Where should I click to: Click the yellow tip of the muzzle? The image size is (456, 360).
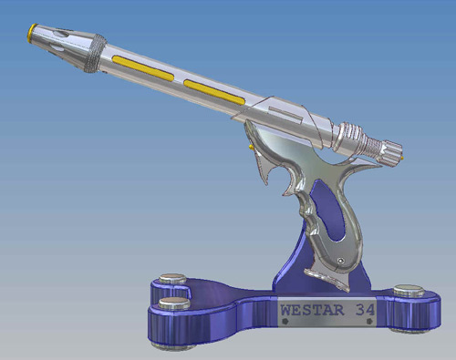(32, 32)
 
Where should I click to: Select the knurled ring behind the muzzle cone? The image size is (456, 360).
(95, 53)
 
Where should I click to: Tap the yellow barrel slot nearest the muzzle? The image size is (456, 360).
(143, 68)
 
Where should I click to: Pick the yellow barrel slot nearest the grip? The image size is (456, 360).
(214, 93)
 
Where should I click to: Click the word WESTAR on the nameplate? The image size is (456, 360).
(312, 310)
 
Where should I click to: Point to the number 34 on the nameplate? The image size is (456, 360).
(365, 310)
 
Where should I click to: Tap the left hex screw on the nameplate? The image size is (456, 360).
(285, 321)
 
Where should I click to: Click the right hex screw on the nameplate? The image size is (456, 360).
(369, 321)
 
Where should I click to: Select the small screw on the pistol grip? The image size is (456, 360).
(342, 261)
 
